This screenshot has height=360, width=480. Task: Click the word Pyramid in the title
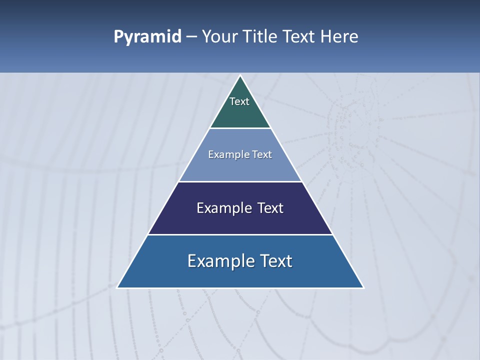[147, 36]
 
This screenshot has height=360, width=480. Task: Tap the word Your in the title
[219, 36]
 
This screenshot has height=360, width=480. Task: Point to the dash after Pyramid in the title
[191, 37]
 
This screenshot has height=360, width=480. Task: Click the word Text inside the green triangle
[239, 101]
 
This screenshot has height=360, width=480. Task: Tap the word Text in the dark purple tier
[270, 208]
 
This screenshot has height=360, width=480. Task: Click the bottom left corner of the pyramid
[118, 287]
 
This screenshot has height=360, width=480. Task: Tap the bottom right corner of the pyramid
[363, 287]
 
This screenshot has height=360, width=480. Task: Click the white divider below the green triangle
[240, 128]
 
